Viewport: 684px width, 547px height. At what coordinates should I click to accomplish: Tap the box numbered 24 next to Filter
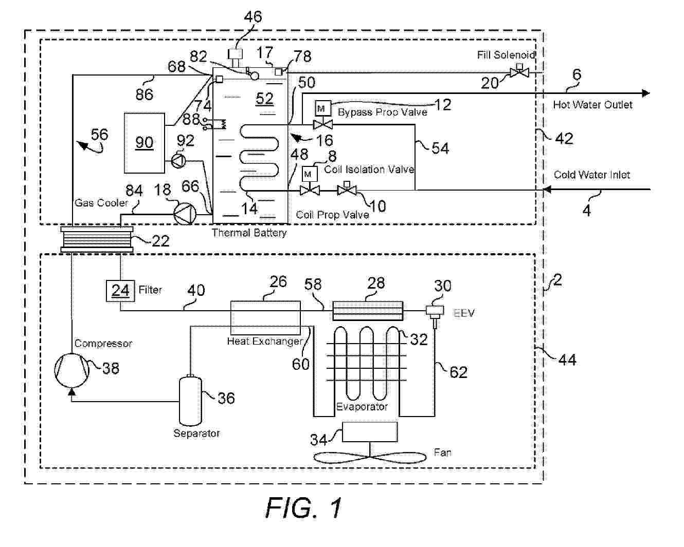click(120, 291)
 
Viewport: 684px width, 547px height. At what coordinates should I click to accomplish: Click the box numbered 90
click(144, 143)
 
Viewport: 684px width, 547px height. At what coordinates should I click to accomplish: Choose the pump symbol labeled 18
click(184, 212)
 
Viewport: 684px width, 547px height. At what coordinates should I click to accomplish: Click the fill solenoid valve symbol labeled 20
click(519, 73)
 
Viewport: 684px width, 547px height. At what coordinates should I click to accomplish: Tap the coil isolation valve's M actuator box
click(309, 174)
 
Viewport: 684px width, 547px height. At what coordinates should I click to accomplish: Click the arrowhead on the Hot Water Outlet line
click(646, 93)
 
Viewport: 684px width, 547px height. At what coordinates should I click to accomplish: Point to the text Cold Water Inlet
click(591, 175)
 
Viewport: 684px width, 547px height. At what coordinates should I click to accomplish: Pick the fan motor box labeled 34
click(370, 431)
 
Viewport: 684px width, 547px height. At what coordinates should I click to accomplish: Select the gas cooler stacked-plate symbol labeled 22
click(97, 239)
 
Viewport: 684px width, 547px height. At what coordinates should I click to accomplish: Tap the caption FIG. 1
click(303, 508)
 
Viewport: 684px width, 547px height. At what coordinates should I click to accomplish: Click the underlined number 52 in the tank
click(264, 98)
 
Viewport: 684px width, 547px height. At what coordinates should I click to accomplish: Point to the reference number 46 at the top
click(253, 17)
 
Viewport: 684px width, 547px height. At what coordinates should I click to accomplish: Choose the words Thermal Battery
click(249, 233)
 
